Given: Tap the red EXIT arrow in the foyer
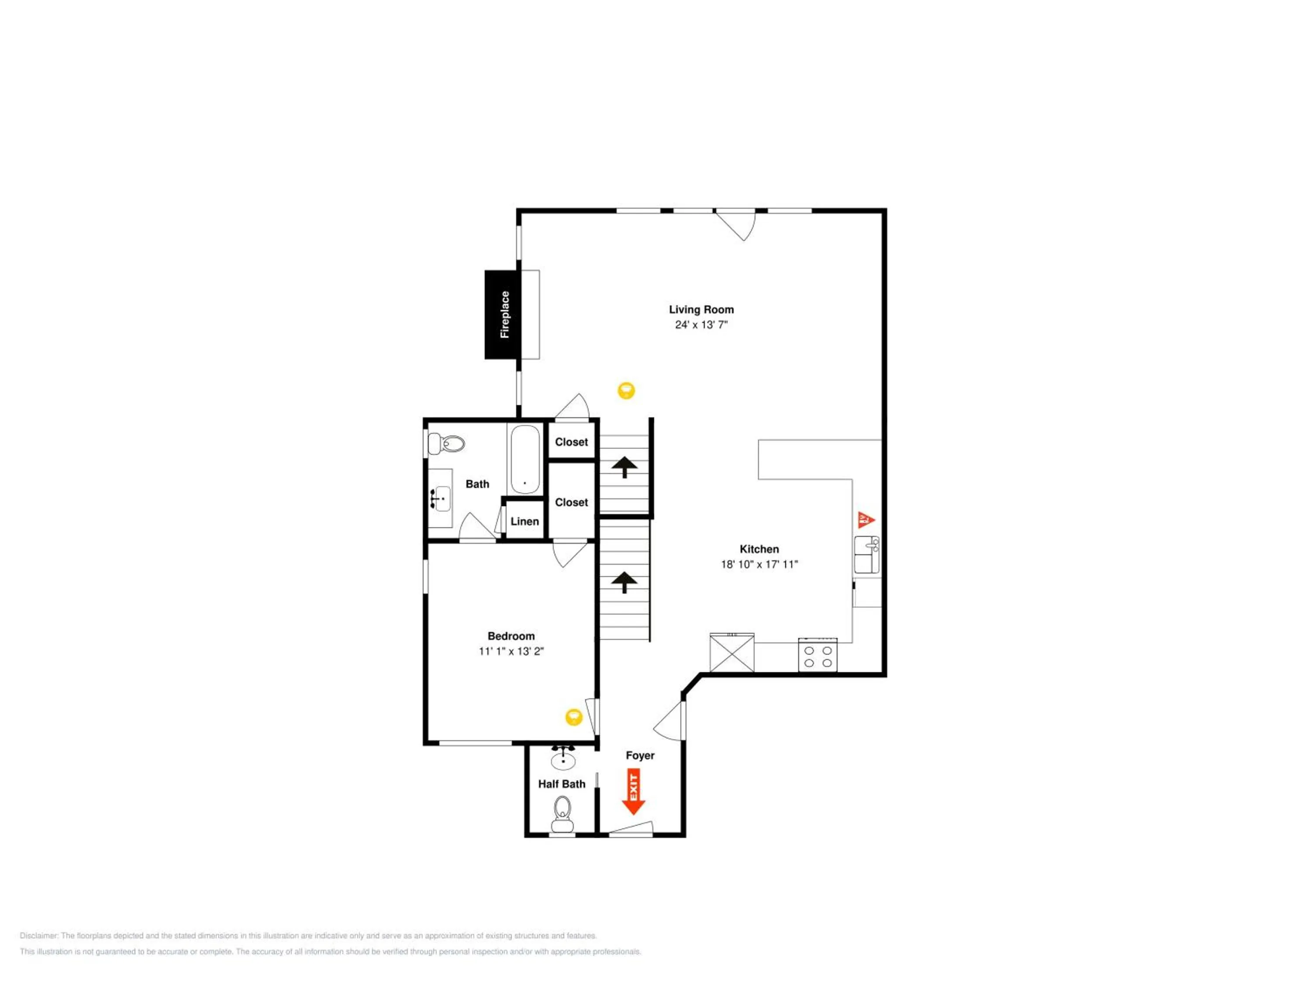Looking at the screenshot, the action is tap(633, 791).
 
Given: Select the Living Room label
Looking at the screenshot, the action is tap(701, 309).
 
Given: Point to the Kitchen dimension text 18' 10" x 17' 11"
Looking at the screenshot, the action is tap(759, 564).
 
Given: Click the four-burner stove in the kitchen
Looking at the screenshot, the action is tap(817, 655).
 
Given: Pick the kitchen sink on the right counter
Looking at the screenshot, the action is tap(866, 555).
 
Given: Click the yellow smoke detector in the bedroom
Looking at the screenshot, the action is tap(573, 718).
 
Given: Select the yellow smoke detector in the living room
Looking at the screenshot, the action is tap(626, 391).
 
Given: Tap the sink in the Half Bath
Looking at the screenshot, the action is tap(562, 758).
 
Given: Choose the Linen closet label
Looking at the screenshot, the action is tap(525, 522).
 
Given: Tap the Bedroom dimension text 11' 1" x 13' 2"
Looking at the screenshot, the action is tap(511, 651).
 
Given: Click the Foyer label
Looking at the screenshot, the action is tap(640, 755).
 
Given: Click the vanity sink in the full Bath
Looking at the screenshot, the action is tap(440, 498).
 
